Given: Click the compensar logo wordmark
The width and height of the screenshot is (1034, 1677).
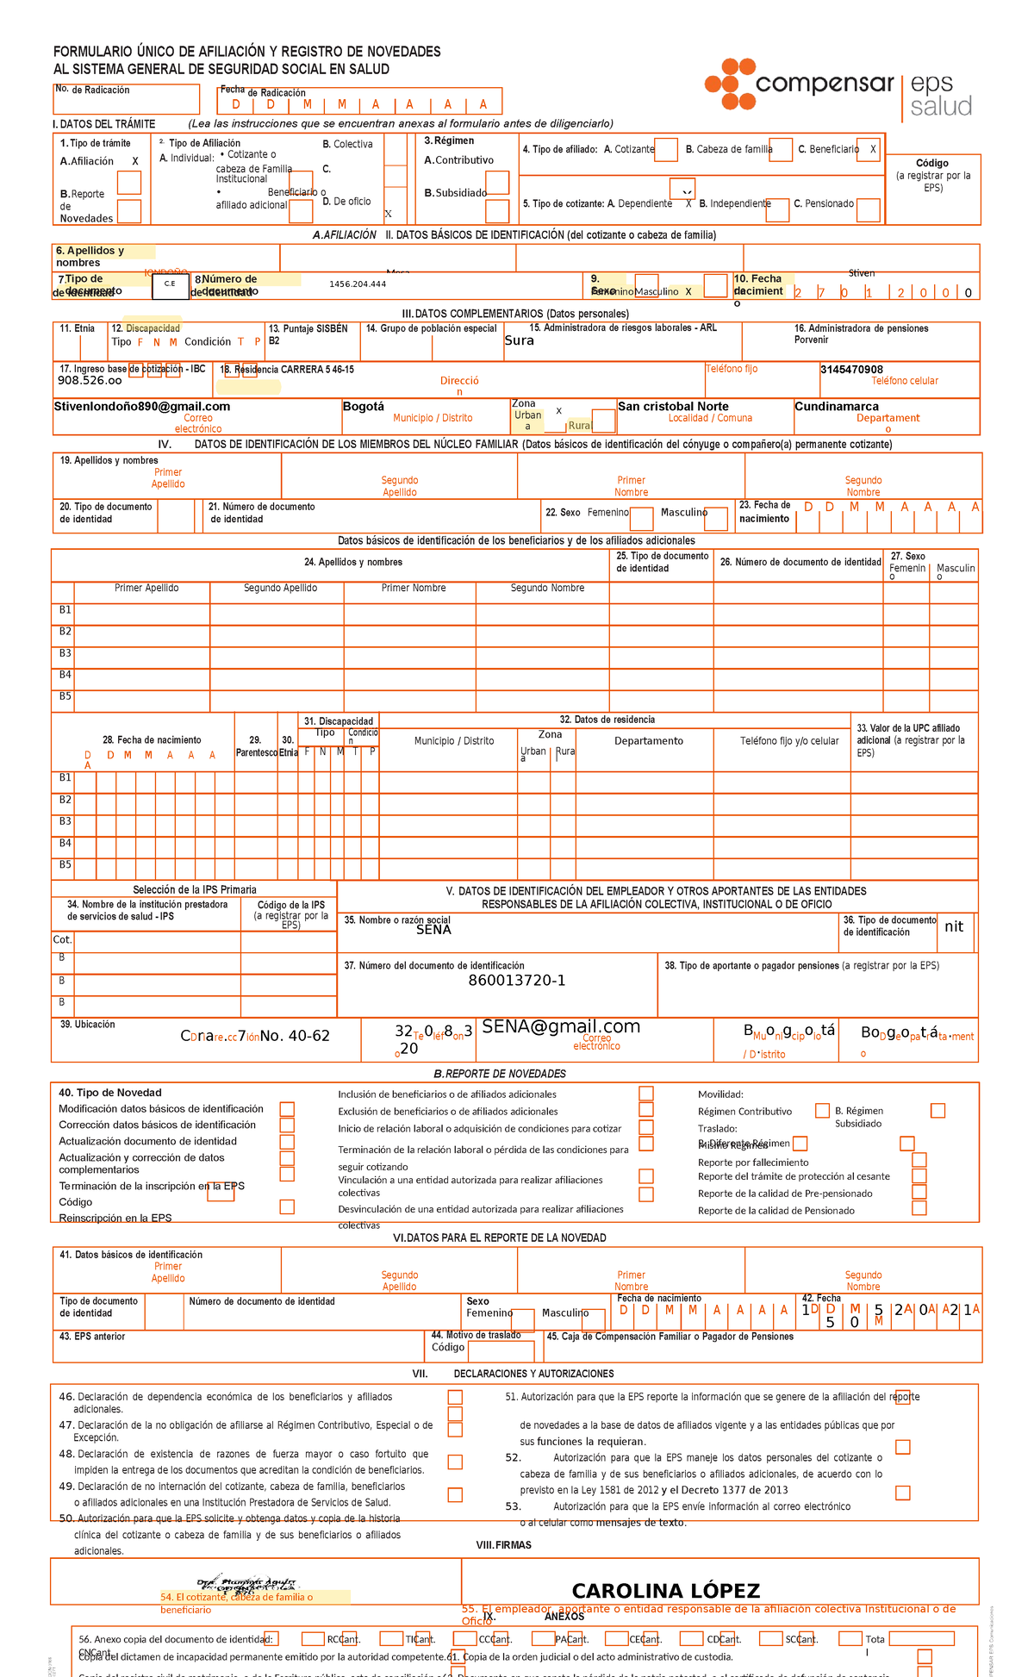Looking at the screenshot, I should (x=824, y=84).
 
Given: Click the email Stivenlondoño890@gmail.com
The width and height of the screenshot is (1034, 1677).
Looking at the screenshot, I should (x=142, y=407).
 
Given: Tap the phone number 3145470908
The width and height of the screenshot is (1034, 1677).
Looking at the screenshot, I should (x=851, y=370).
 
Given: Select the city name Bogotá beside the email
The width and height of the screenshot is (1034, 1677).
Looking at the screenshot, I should (x=364, y=407).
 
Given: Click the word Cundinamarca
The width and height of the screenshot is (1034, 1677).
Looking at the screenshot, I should (x=837, y=407).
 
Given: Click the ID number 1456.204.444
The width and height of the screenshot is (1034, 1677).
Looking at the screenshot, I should (x=358, y=284).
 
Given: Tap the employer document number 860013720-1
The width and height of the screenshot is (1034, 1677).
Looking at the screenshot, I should (x=517, y=981).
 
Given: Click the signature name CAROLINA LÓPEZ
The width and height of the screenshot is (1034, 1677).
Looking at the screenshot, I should (x=666, y=1591).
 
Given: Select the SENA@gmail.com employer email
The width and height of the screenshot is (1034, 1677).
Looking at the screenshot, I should (x=561, y=1026).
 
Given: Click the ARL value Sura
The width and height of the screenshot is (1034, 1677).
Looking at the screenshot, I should (x=520, y=340).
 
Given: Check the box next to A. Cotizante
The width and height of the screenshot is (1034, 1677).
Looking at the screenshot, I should (x=665, y=150).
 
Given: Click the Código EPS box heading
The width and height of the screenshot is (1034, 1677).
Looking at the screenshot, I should (x=932, y=163).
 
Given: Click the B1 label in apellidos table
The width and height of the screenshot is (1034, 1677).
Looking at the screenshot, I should (x=65, y=610).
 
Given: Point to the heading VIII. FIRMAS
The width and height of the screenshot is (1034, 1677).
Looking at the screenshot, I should (x=504, y=1545).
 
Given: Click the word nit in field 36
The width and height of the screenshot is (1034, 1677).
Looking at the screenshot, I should (x=954, y=926).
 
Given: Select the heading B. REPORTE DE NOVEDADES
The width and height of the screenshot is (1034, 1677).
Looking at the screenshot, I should (x=500, y=1074).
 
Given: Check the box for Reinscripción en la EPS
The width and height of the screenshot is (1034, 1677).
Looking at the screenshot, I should (x=287, y=1207).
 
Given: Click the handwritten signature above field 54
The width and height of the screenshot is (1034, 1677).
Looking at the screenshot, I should (x=247, y=1584).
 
